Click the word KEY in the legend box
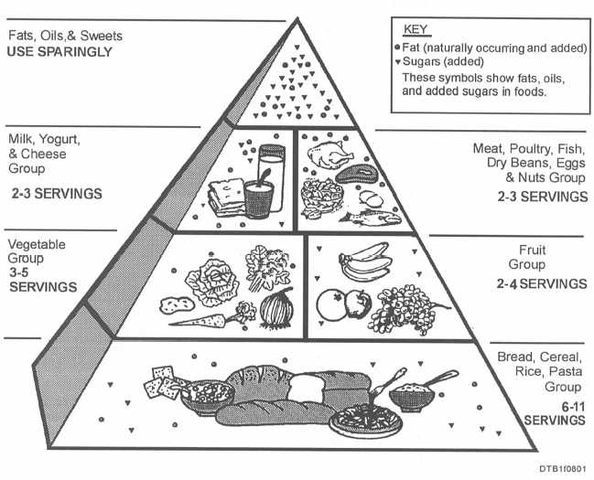pos(416,29)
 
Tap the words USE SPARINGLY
pos(59,51)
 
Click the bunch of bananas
pos(366,262)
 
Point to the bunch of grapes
pos(405,309)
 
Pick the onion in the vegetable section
pos(277,308)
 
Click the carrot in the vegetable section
pos(212,316)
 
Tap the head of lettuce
pos(212,282)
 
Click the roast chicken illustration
pos(329,155)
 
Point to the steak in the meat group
pos(356,175)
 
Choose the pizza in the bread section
pos(366,420)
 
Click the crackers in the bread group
pos(162,382)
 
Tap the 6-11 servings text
pos(555,414)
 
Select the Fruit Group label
pos(527,257)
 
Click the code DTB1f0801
pos(563,468)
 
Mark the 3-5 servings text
pos(43,280)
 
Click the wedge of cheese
pos(227,197)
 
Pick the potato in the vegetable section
pos(177,304)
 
